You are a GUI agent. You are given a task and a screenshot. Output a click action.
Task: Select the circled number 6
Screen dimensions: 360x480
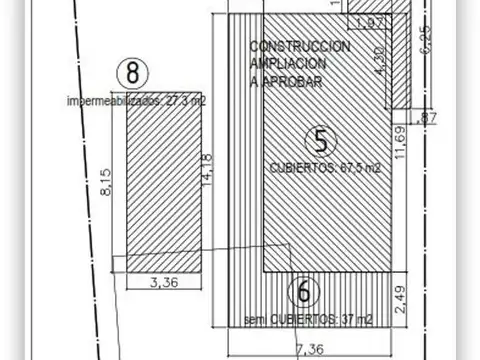[x=305, y=293]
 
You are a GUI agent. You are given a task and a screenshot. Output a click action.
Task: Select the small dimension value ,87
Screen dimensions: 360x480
[x=429, y=118]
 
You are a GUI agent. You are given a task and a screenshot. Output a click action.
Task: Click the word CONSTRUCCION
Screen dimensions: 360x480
[x=299, y=47]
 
